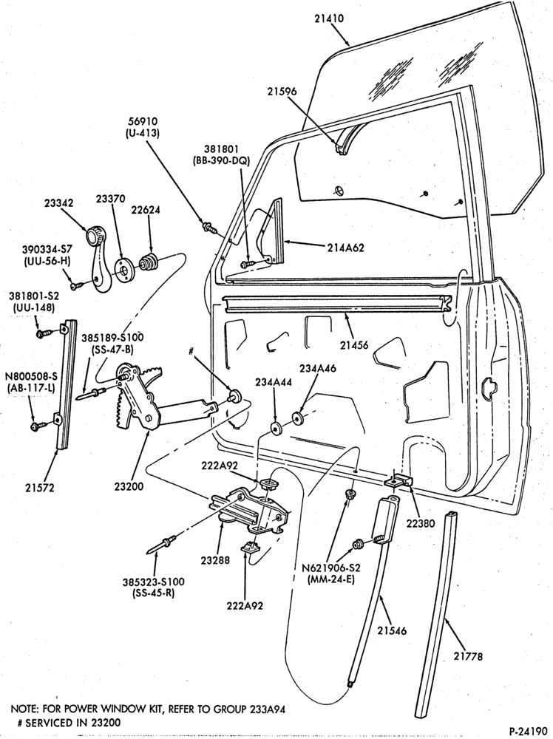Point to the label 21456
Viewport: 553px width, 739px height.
tap(353, 345)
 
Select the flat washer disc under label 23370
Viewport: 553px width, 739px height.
tap(124, 269)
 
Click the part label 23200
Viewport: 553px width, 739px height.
tap(129, 487)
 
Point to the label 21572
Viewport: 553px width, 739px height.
tap(40, 487)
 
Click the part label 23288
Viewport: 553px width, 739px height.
tap(215, 560)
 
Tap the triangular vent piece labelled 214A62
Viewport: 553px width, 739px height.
tap(274, 233)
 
